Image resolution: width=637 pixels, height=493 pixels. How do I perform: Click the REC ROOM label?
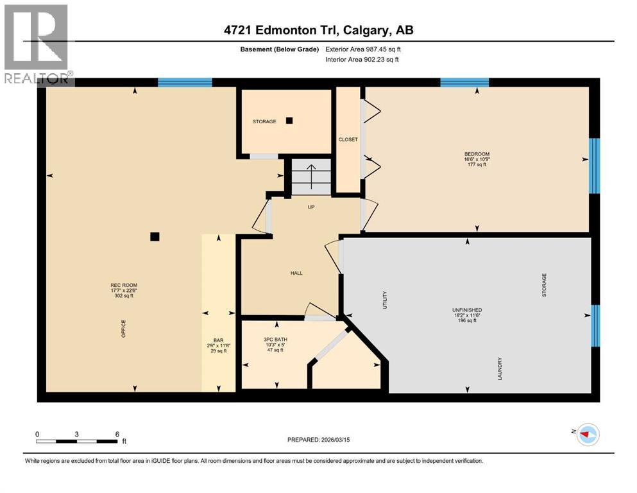pyautogui.click(x=124, y=285)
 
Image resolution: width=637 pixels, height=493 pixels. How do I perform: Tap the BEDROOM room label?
pyautogui.click(x=477, y=154)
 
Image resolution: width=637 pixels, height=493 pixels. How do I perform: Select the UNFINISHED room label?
pyautogui.click(x=466, y=310)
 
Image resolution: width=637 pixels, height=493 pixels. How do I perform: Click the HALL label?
pyautogui.click(x=296, y=273)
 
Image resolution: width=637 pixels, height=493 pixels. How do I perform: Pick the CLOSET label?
pyautogui.click(x=348, y=139)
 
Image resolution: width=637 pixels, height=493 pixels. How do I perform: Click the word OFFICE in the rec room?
pyautogui.click(x=124, y=329)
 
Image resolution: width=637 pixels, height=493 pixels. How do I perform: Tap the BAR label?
pyautogui.click(x=217, y=340)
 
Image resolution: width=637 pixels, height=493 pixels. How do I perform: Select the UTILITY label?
pyautogui.click(x=386, y=300)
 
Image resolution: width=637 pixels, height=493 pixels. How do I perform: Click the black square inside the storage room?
pyautogui.click(x=289, y=120)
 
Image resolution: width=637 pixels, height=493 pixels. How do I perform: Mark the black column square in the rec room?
pyautogui.click(x=154, y=236)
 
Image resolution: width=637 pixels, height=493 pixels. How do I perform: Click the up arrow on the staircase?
pyautogui.click(x=311, y=175)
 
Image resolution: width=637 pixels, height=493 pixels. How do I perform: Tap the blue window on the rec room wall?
pyautogui.click(x=185, y=82)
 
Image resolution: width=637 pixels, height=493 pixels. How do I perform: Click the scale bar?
pyautogui.click(x=77, y=441)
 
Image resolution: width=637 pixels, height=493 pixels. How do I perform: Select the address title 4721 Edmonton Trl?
pyautogui.click(x=318, y=30)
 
